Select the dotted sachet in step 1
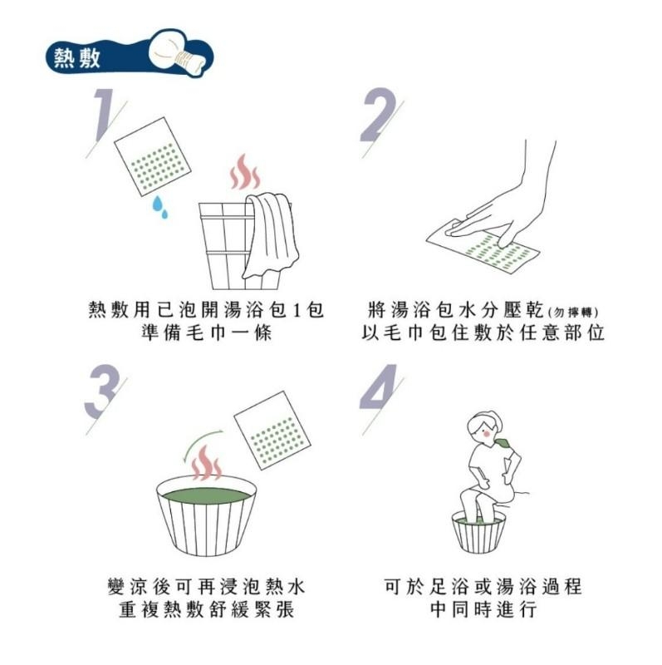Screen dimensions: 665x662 pyautogui.click(x=153, y=161)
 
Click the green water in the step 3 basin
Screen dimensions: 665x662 pyautogui.click(x=207, y=495)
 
